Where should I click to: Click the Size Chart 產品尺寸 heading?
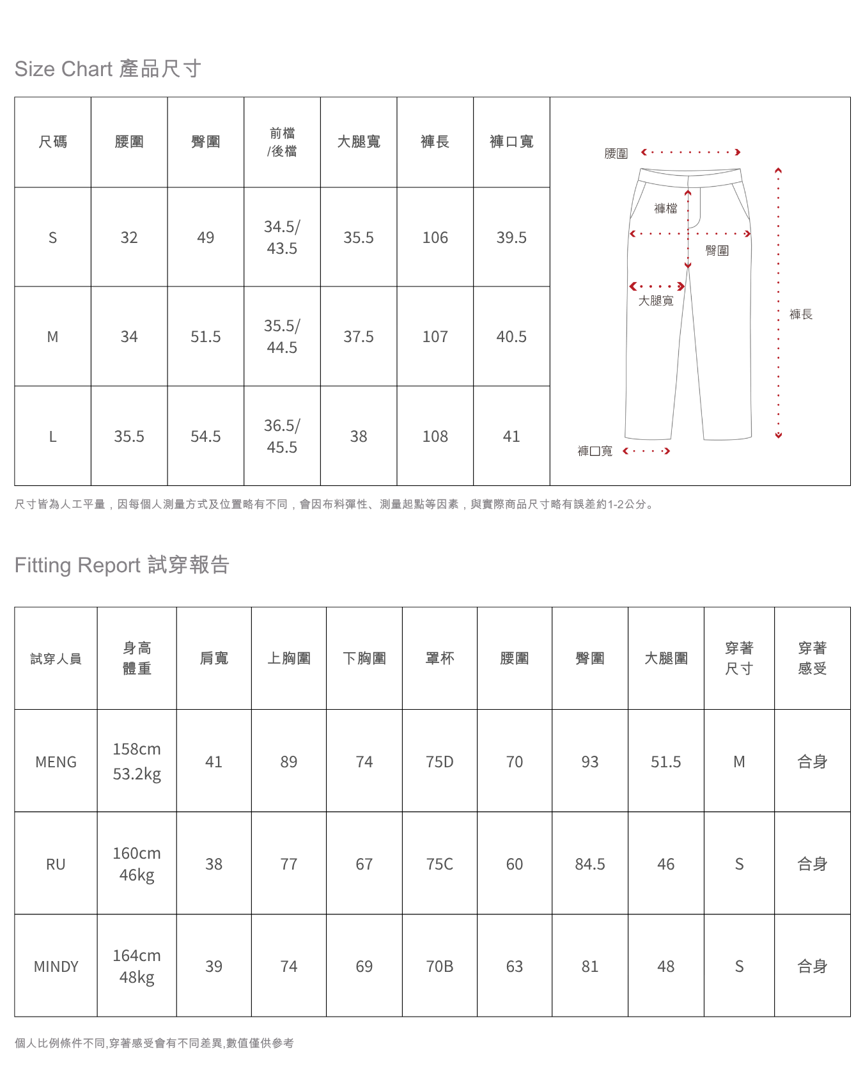[x=107, y=69]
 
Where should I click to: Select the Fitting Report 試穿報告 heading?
[x=121, y=565]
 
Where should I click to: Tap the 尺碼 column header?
[x=52, y=142]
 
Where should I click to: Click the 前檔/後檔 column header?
[x=282, y=142]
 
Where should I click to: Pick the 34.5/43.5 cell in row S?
[x=282, y=237]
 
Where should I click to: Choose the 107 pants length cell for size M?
[x=435, y=337]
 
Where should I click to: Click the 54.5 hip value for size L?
[x=205, y=437]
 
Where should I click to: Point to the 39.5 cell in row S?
[x=511, y=238]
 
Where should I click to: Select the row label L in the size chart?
[x=52, y=437]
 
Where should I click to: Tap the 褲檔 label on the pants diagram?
[x=665, y=208]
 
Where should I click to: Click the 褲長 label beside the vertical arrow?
[x=800, y=315]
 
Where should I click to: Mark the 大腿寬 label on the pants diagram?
[x=656, y=301]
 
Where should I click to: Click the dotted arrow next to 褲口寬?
[x=646, y=451]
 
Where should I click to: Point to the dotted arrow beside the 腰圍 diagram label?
[x=690, y=152]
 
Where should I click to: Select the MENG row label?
[x=56, y=762]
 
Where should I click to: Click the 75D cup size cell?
[x=440, y=762]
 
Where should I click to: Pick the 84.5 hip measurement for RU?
[x=589, y=864]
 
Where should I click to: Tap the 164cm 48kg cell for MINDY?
[x=137, y=966]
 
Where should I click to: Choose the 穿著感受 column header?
[x=812, y=659]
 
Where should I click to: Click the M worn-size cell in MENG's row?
[x=739, y=762]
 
